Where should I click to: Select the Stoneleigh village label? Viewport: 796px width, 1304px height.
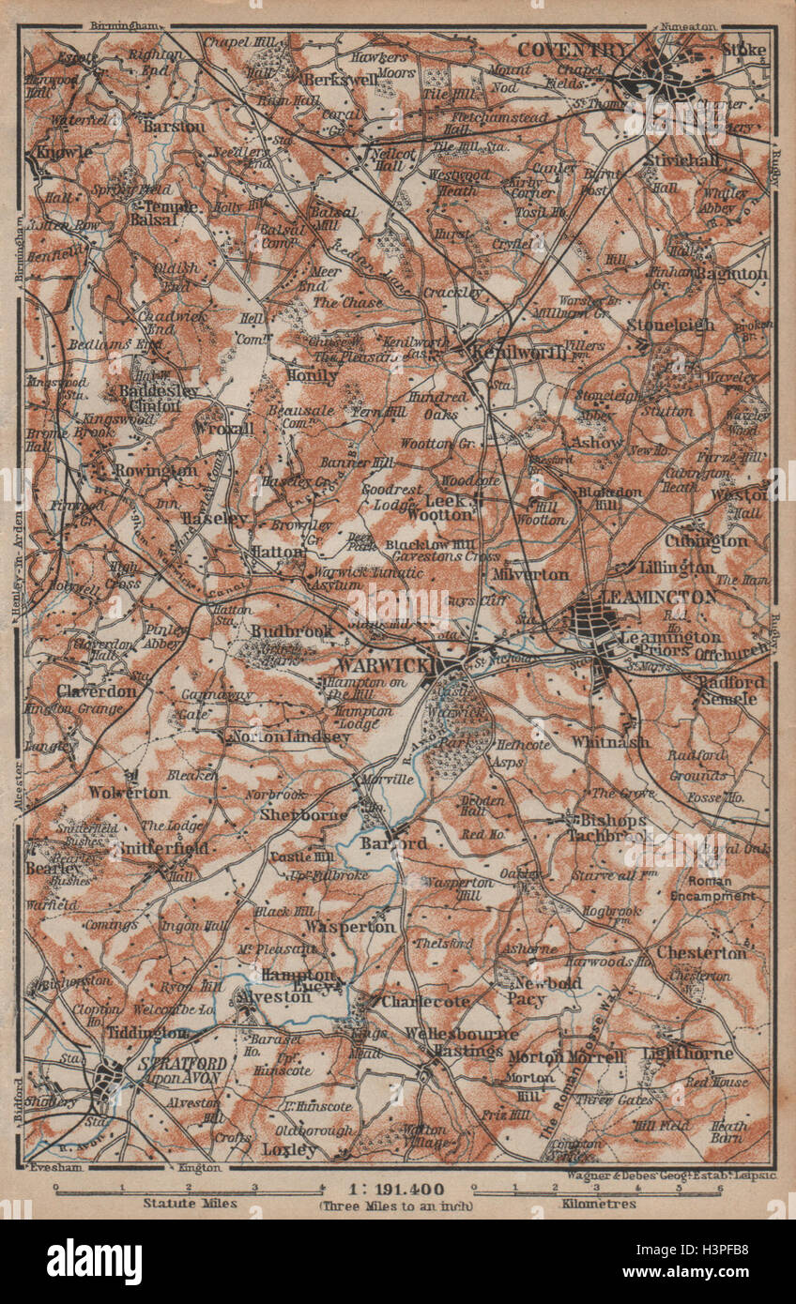670,325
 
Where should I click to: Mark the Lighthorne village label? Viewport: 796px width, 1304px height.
688,1054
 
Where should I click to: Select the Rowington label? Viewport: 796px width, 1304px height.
155,470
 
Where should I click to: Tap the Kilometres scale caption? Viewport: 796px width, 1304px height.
597,1203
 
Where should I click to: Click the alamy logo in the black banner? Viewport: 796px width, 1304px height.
94,1262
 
